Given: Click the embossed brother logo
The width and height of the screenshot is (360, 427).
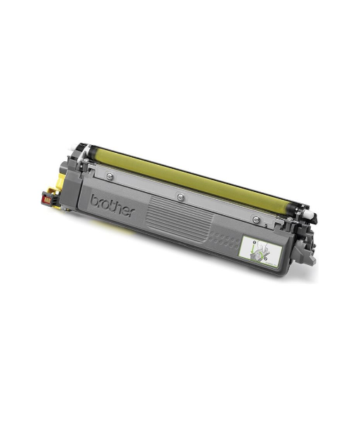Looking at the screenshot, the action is [x=112, y=205].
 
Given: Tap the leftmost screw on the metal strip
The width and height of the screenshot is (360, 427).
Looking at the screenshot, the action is [x=110, y=176].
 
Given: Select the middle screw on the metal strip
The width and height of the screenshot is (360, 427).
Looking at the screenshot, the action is [x=180, y=196].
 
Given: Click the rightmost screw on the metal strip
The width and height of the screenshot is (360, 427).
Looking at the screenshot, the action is [x=256, y=219].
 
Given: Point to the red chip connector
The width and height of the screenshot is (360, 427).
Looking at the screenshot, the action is [x=47, y=198].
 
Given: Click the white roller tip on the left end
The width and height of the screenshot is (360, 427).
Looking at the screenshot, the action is [x=71, y=147].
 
